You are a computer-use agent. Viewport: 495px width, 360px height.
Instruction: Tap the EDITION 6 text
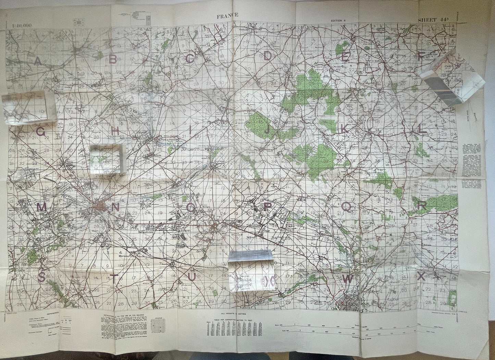(338, 20)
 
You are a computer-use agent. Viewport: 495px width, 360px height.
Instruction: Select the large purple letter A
(38, 61)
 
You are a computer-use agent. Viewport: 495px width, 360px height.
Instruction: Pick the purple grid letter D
(268, 56)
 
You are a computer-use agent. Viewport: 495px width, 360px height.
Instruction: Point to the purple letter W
(347, 279)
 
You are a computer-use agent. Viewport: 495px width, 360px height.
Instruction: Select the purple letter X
(421, 276)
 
